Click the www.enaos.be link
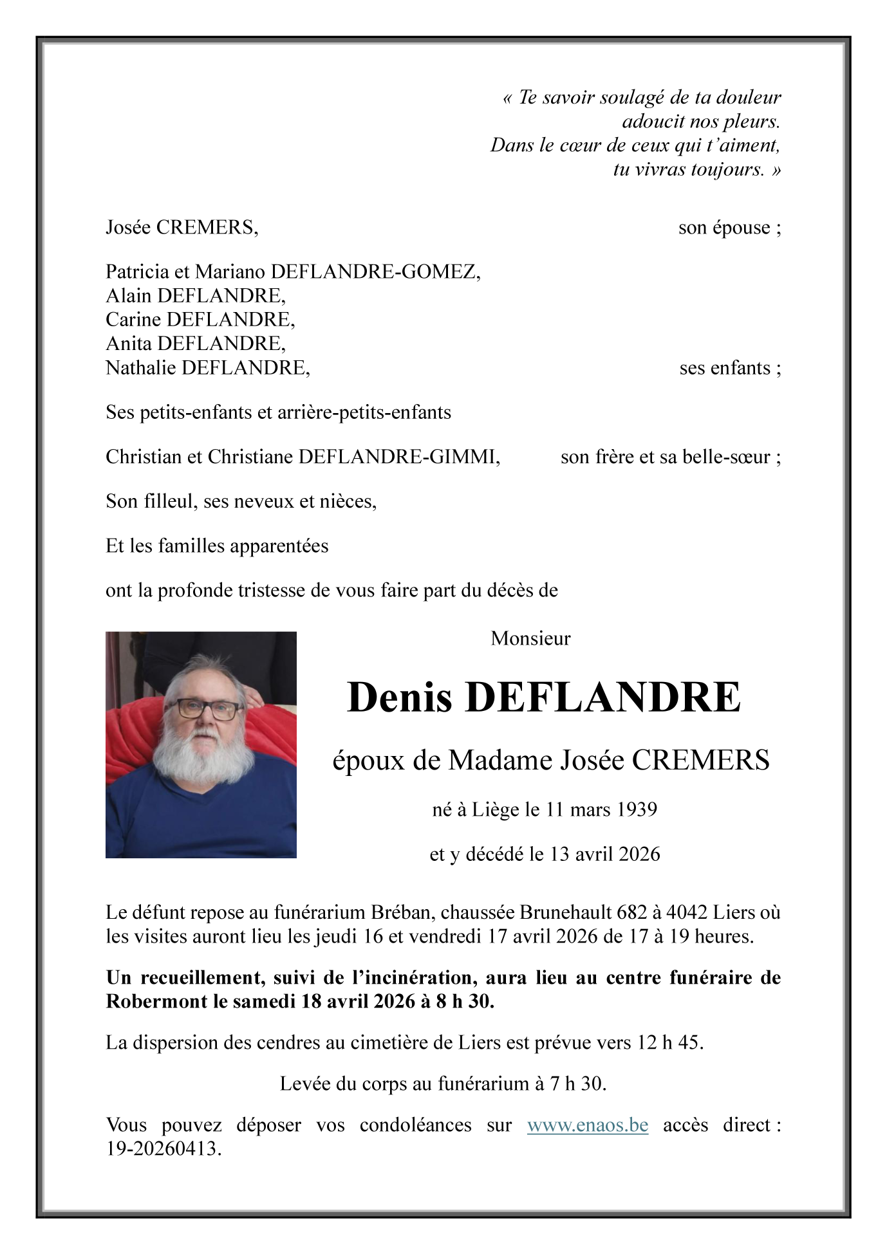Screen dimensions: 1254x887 pos(587,1125)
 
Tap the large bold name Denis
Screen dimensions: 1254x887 pos(400,697)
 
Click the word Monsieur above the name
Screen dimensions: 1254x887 pos(530,638)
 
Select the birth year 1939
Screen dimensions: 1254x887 pos(636,809)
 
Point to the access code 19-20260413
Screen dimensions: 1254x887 pos(163,1149)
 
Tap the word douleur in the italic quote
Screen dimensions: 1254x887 pos(749,98)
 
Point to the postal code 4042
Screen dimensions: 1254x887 pos(686,912)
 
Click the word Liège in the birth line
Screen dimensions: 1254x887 pos(495,809)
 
